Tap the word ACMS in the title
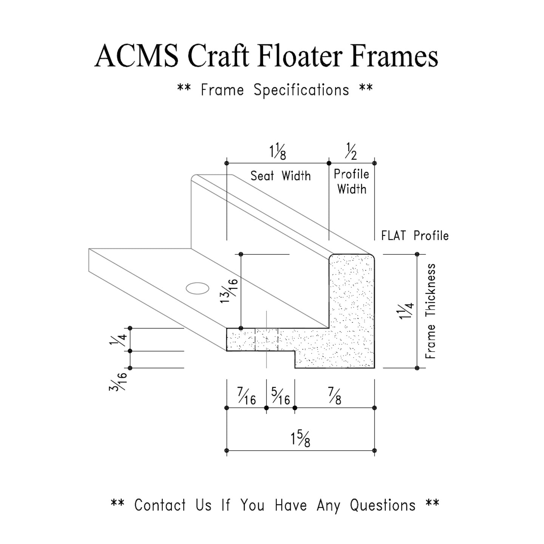(x=136, y=56)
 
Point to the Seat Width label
(x=280, y=176)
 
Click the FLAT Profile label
(x=415, y=236)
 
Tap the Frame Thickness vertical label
(x=431, y=311)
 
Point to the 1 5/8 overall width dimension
(x=301, y=440)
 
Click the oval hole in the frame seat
(x=198, y=288)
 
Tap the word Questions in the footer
(x=382, y=505)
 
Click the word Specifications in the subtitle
(x=301, y=90)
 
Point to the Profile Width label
(x=351, y=181)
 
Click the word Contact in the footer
(x=160, y=505)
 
